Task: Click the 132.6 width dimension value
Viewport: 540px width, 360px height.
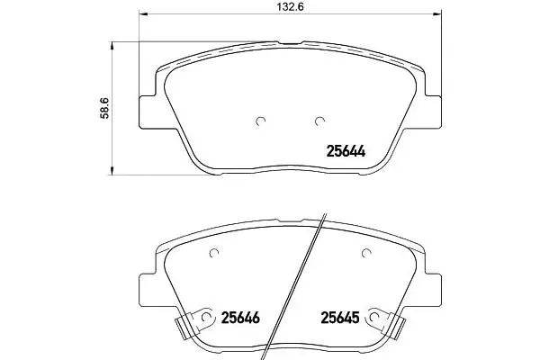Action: click(291, 7)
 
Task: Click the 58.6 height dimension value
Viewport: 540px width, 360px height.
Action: click(104, 108)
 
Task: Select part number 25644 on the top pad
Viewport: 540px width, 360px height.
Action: click(346, 151)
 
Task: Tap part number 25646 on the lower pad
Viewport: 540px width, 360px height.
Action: click(240, 318)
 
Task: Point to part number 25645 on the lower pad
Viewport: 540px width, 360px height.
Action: click(340, 318)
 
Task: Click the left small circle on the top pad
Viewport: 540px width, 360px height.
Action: click(261, 121)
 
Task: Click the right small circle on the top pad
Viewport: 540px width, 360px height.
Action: click(319, 121)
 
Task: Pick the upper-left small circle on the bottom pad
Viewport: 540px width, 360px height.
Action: click(214, 253)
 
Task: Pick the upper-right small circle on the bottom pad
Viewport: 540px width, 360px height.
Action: click(366, 253)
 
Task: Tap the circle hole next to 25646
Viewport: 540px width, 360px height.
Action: click(206, 317)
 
